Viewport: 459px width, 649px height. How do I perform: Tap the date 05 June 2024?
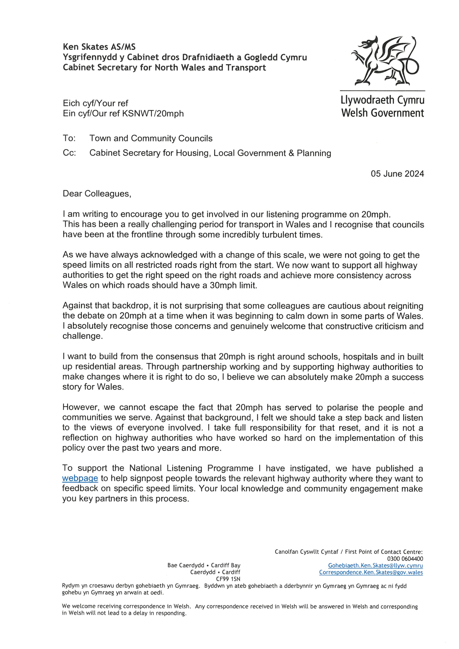(x=397, y=174)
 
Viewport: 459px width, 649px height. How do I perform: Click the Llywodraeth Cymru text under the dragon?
(x=382, y=100)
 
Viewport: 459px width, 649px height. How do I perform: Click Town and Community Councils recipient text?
(x=151, y=138)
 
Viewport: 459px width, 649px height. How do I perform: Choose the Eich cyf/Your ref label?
(x=96, y=103)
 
